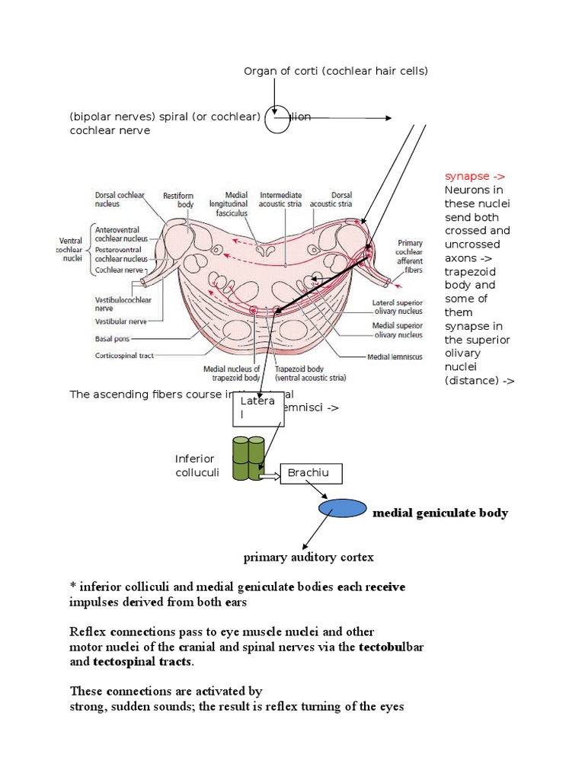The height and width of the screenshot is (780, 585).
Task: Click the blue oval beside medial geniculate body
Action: pos(342,507)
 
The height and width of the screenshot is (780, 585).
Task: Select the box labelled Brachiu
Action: pos(311,474)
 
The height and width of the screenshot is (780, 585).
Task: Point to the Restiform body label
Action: pos(179,200)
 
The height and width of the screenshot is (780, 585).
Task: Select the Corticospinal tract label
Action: pos(126,355)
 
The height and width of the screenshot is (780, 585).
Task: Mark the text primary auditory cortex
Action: pos(308,558)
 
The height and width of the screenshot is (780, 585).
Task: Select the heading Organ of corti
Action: pos(336,72)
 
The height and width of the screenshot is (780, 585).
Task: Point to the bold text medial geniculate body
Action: pos(440,513)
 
